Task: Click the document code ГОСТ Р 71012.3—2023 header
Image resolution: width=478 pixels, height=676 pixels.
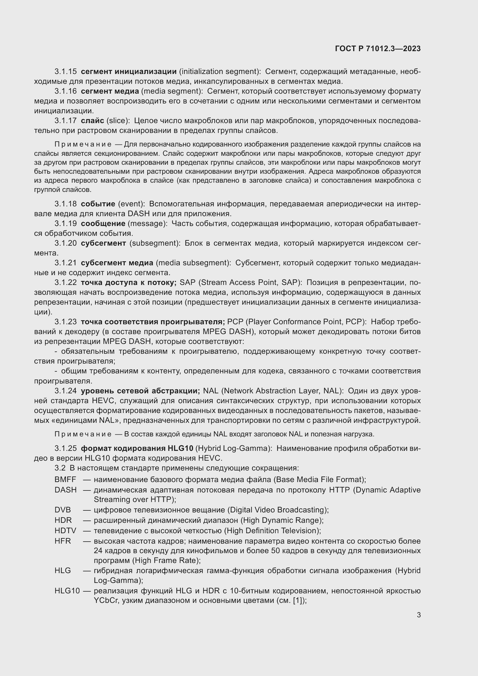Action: [x=378, y=49]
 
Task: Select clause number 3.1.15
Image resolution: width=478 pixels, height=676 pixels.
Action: [x=65, y=72]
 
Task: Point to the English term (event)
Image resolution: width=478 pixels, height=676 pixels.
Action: [x=131, y=204]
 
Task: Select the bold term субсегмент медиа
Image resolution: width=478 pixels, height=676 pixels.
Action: [x=117, y=263]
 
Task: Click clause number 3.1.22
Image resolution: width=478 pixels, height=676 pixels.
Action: [x=65, y=283]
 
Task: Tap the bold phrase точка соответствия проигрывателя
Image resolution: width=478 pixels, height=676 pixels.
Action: [x=153, y=322]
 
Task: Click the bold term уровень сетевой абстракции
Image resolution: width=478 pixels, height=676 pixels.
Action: [x=140, y=391]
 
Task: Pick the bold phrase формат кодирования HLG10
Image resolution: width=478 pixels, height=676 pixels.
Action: [x=137, y=449]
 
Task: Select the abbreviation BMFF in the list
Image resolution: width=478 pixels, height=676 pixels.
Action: [x=65, y=480]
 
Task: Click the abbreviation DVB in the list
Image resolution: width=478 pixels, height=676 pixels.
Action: [x=62, y=510]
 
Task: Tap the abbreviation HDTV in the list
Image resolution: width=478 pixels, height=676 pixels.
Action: [x=65, y=531]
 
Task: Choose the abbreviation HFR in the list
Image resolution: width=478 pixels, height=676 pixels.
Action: [x=62, y=541]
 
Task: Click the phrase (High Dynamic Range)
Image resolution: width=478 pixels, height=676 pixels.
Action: [x=282, y=520]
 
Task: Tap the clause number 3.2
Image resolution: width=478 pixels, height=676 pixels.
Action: [x=60, y=468]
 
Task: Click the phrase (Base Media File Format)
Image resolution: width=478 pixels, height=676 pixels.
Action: [x=320, y=480]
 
